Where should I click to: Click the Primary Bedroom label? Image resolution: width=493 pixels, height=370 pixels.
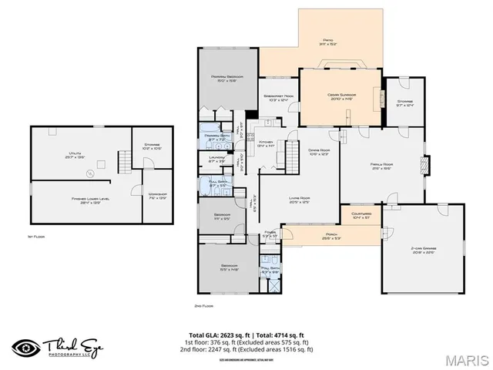point(227,79)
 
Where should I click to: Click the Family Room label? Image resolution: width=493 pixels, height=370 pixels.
point(382,166)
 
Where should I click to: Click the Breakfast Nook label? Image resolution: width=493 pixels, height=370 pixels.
point(276,97)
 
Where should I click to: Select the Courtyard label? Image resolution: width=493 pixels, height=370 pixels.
point(361,216)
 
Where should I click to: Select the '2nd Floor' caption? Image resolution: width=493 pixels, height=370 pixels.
point(203,305)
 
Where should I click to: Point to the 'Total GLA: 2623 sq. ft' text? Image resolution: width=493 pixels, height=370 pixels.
point(221,335)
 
